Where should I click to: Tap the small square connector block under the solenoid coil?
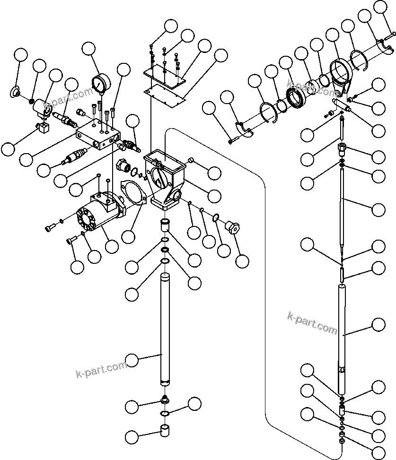[44, 128]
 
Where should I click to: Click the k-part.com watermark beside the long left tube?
[101, 369]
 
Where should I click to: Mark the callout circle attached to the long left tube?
[132, 360]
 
